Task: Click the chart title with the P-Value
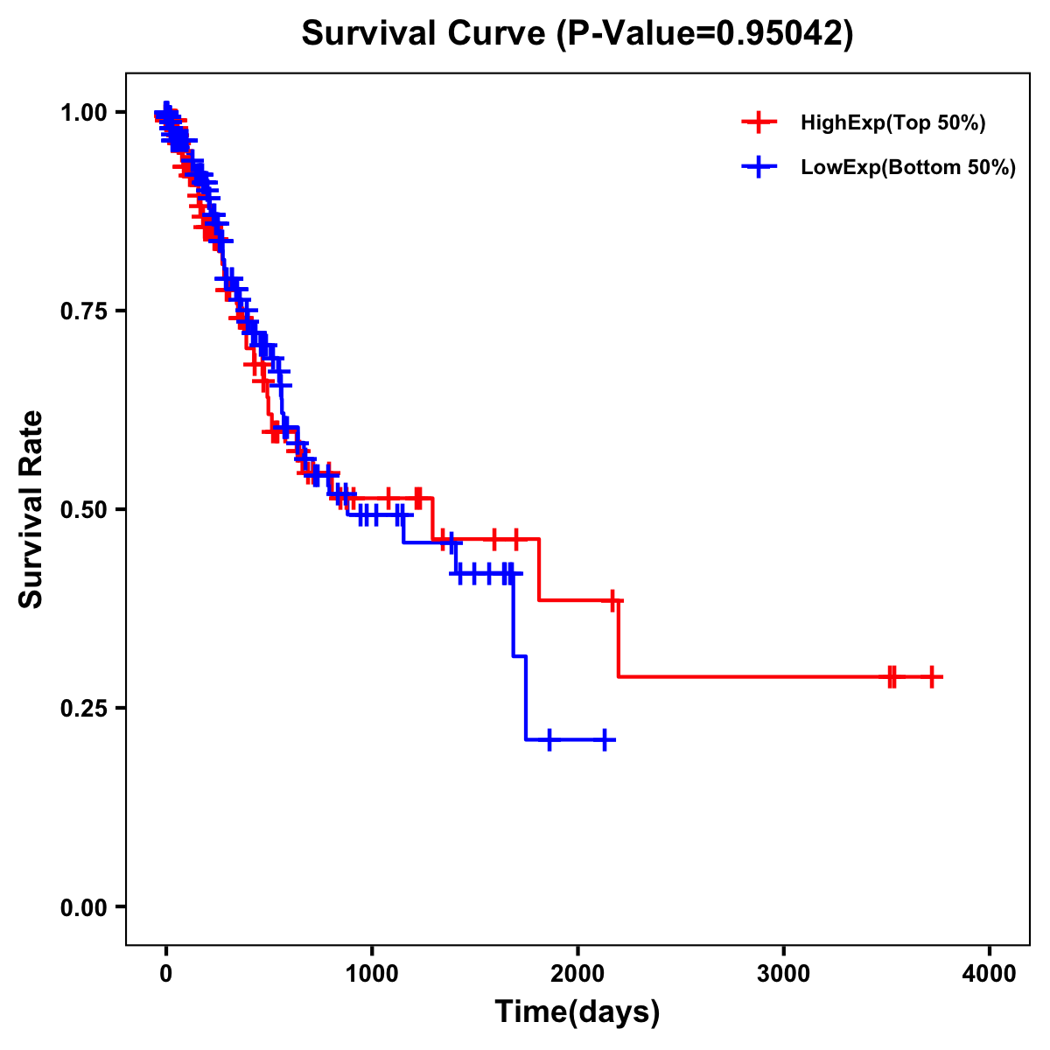coord(577,33)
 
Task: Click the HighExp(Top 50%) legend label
coord(893,123)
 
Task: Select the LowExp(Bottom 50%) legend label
coord(908,168)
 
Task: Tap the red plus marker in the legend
coord(759,123)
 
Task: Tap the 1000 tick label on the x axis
coord(372,974)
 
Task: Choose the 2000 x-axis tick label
coord(577,974)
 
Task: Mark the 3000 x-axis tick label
coord(783,974)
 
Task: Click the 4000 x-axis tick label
coord(990,974)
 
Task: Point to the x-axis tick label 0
coord(166,974)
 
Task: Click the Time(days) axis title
coord(577,1012)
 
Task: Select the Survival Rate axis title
coord(31,509)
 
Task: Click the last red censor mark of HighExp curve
coord(933,676)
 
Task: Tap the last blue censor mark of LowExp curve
coord(604,740)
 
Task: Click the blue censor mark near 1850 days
coord(549,740)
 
